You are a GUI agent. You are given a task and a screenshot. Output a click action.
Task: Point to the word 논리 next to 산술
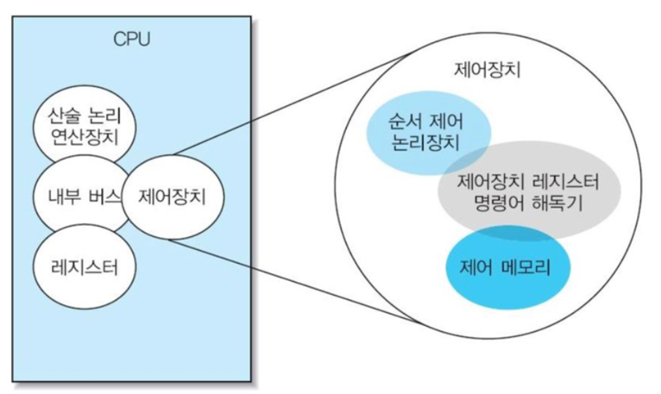click(105, 115)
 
